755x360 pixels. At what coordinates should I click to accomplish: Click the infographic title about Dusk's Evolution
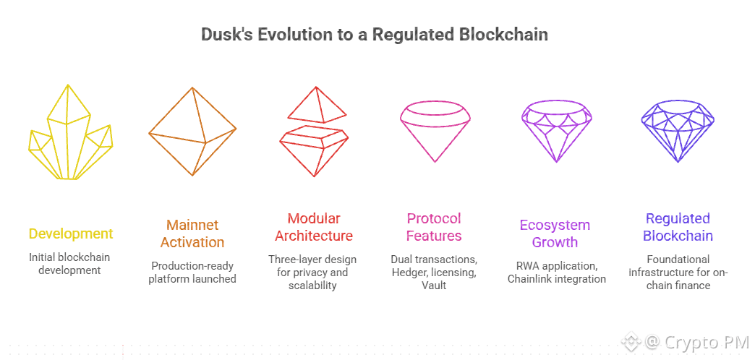[374, 35]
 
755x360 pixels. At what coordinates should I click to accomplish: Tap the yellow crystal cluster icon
[71, 134]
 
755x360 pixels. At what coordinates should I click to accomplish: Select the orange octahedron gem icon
[192, 131]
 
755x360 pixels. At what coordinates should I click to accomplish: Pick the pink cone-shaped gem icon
[435, 130]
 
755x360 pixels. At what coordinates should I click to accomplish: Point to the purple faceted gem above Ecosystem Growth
[557, 130]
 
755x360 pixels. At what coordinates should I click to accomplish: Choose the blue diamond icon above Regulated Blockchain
[678, 130]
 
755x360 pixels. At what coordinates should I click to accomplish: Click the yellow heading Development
[71, 233]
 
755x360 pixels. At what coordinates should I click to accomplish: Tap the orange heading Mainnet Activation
[192, 233]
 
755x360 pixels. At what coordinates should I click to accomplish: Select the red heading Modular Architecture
[314, 227]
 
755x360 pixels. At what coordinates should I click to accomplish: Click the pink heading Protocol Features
[434, 227]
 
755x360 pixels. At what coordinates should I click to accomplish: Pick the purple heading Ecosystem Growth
[555, 233]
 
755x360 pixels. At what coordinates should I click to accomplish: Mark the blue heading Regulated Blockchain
[678, 227]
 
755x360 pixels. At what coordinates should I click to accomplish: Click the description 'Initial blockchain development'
[71, 264]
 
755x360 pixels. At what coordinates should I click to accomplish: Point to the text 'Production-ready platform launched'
[192, 272]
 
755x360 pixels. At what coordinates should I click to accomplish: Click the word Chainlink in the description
[534, 279]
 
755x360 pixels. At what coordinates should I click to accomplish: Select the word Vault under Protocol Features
[434, 286]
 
